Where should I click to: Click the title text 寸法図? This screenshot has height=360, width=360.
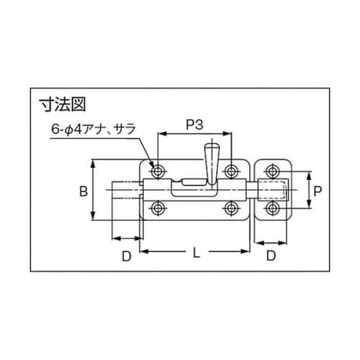[x=62, y=105]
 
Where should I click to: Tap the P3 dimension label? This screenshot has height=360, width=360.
[x=194, y=124]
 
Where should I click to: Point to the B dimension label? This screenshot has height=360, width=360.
[x=83, y=191]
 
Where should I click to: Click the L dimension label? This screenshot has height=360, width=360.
[x=196, y=254]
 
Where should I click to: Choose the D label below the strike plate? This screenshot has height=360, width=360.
[x=271, y=256]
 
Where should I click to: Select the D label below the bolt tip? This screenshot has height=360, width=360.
[x=125, y=256]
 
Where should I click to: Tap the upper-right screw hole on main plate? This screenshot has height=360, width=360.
[x=231, y=171]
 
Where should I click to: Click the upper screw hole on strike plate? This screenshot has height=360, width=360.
[x=271, y=171]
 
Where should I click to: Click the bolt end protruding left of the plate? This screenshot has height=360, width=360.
[x=126, y=190]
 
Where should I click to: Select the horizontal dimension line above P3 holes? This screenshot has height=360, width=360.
[x=194, y=133]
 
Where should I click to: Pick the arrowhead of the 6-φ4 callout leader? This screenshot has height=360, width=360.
[x=153, y=164]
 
